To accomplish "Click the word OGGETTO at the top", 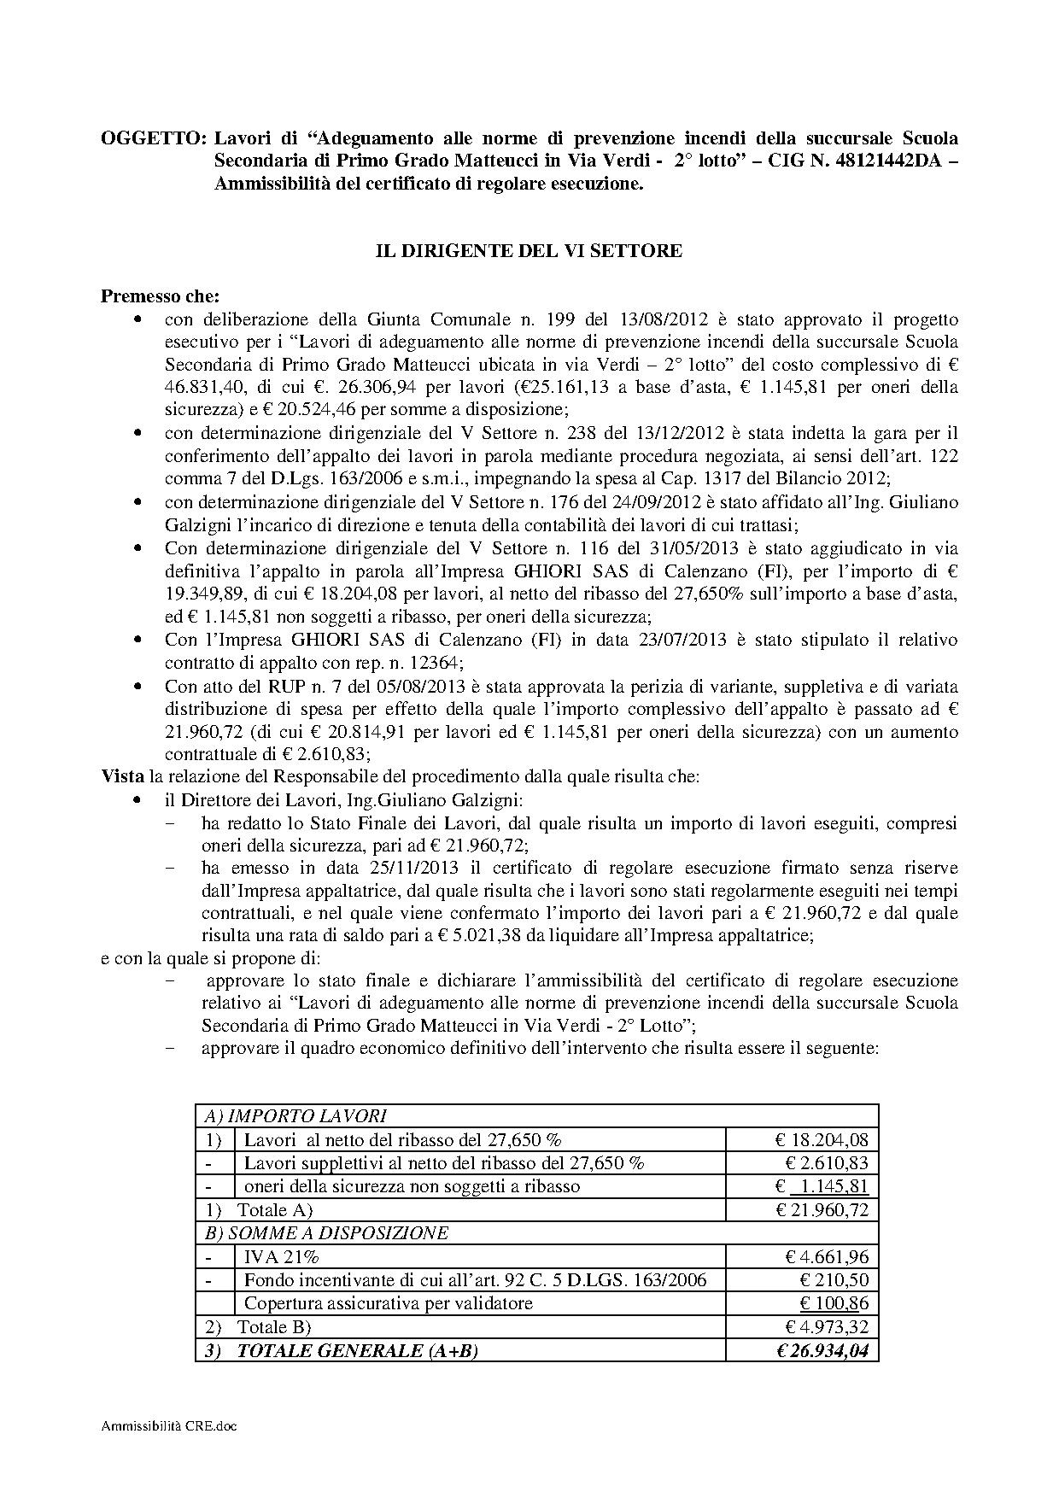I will pyautogui.click(x=153, y=138).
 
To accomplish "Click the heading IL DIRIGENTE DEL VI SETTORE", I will pyautogui.click(x=529, y=250).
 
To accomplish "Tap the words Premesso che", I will pyautogui.click(x=160, y=296).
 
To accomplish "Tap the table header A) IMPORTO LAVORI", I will pyautogui.click(x=295, y=1115).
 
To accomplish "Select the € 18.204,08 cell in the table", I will pyautogui.click(x=822, y=1139).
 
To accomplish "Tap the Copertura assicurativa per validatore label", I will pyautogui.click(x=388, y=1303).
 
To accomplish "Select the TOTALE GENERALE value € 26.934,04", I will pyautogui.click(x=822, y=1350).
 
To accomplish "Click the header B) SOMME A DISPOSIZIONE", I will pyautogui.click(x=326, y=1233).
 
